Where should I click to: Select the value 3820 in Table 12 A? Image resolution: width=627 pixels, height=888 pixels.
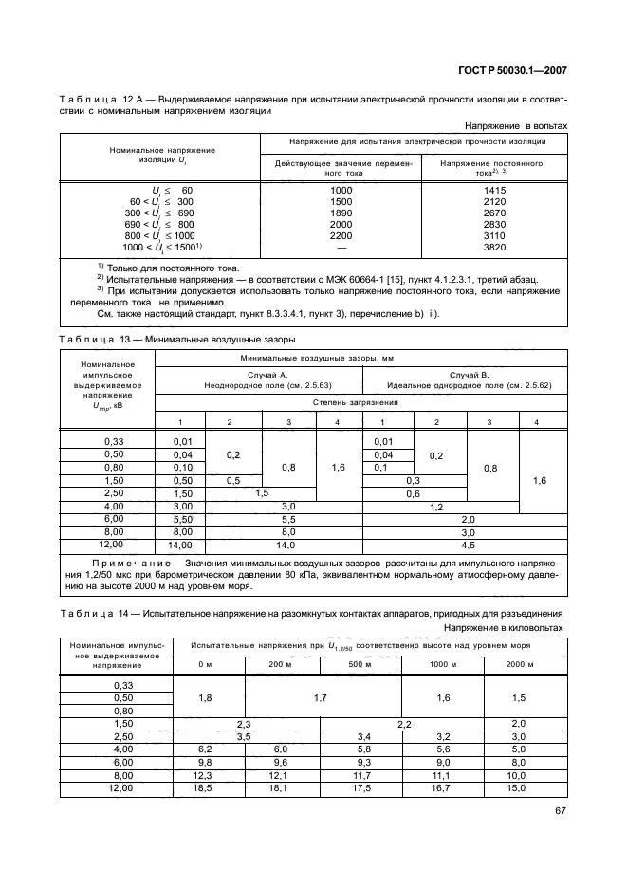492,247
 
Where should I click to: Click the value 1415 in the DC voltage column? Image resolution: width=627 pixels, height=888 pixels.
492,190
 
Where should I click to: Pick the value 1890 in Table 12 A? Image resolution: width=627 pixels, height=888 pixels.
341,213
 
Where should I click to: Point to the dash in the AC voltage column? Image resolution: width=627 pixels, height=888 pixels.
341,247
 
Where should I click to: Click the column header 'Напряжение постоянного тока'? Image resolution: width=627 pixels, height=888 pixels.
492,169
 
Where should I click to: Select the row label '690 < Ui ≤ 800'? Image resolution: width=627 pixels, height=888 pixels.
156,224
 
